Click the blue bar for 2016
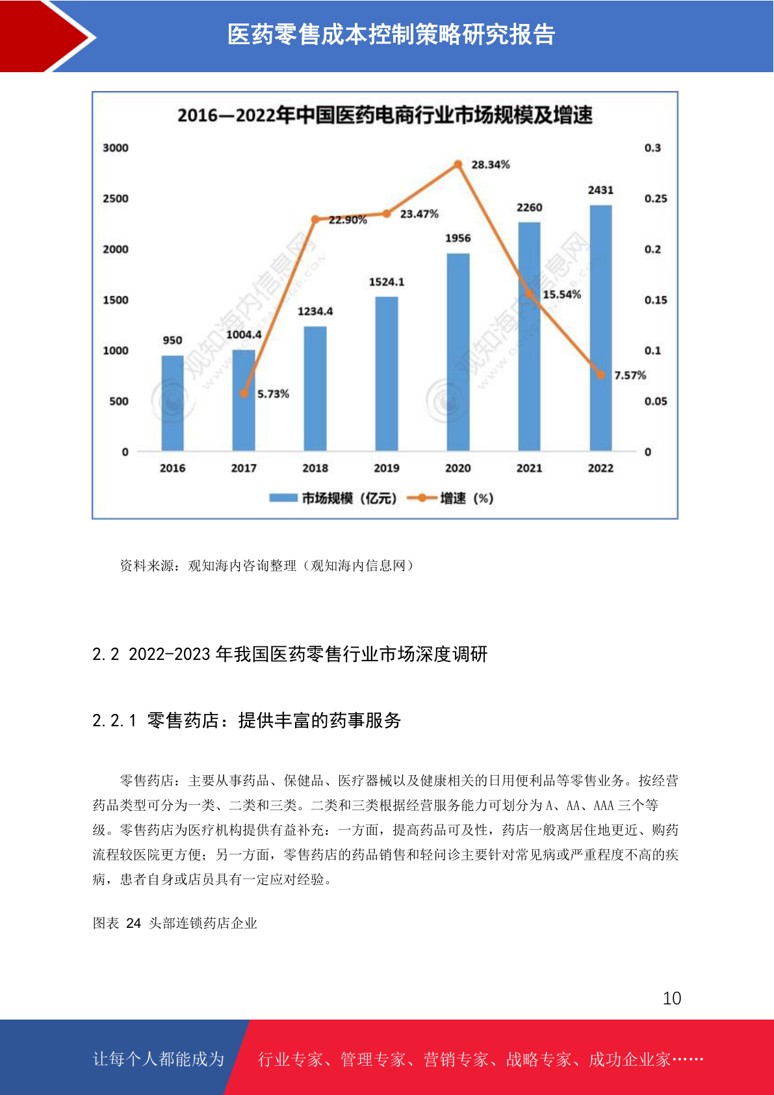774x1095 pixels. (172, 403)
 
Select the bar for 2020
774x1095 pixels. (458, 352)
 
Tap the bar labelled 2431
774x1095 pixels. (600, 328)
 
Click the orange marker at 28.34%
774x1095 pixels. (458, 165)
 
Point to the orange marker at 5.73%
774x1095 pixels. (244, 393)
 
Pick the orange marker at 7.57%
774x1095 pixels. (600, 375)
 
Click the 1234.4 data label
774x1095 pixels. (315, 311)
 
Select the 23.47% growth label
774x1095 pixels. (419, 214)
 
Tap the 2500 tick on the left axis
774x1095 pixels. (116, 198)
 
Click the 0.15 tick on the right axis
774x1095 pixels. (655, 300)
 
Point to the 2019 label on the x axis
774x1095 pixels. (387, 468)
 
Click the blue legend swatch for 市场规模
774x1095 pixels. (283, 498)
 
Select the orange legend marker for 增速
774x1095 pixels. (422, 498)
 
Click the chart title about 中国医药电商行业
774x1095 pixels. (385, 116)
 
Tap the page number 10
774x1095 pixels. (671, 998)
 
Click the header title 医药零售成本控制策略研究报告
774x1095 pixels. (391, 34)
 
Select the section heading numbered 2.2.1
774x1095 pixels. (247, 720)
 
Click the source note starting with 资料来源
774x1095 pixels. (266, 566)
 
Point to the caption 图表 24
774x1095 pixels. (175, 923)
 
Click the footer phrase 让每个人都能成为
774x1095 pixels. (159, 1059)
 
